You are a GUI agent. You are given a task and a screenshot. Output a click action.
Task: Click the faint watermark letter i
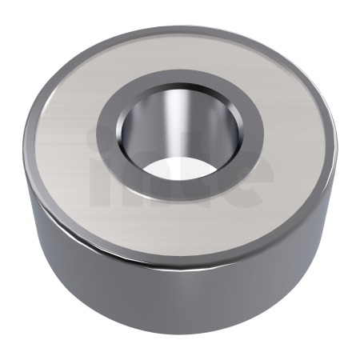[96, 168]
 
